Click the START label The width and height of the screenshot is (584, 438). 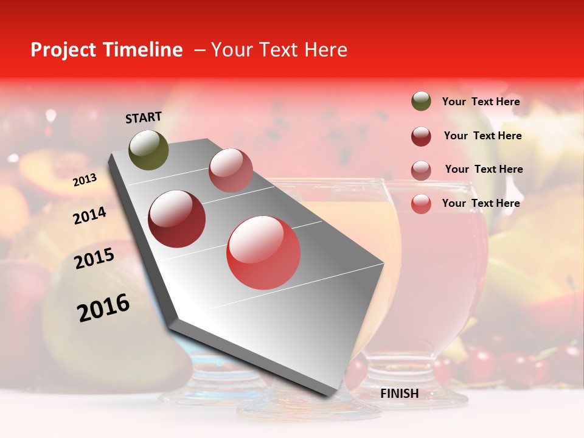pyautogui.click(x=144, y=117)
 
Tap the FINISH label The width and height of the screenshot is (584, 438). pyautogui.click(x=399, y=394)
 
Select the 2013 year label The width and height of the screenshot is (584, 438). pyautogui.click(x=85, y=179)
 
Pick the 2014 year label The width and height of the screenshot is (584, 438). pyautogui.click(x=89, y=215)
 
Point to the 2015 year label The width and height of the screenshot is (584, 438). pyautogui.click(x=94, y=259)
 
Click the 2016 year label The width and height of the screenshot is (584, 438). pyautogui.click(x=103, y=307)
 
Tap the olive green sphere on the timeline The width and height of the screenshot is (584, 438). pyautogui.click(x=148, y=150)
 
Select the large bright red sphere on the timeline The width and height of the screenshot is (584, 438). pyautogui.click(x=263, y=252)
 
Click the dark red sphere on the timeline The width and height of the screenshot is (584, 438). pyautogui.click(x=177, y=218)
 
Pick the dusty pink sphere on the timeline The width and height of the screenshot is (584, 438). pyautogui.click(x=231, y=170)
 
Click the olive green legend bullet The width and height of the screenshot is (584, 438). pyautogui.click(x=421, y=102)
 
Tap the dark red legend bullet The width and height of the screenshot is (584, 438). pyautogui.click(x=421, y=136)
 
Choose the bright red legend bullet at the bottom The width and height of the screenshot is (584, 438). pyautogui.click(x=421, y=204)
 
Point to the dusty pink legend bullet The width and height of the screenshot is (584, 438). pyautogui.click(x=421, y=170)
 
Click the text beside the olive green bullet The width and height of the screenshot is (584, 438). pyautogui.click(x=481, y=102)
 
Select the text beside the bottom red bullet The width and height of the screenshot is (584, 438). pyautogui.click(x=481, y=203)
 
